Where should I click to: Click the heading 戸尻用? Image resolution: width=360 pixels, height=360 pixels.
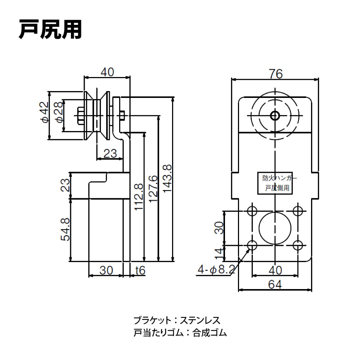(x=50, y=29)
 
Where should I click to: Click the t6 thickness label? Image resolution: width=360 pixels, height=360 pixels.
(x=140, y=270)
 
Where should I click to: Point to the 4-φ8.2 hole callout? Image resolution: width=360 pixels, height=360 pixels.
(x=216, y=269)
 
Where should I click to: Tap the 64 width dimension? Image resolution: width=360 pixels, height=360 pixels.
(x=275, y=284)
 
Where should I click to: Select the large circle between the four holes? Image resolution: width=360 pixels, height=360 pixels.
(x=275, y=228)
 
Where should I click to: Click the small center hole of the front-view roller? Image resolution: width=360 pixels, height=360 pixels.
(x=275, y=115)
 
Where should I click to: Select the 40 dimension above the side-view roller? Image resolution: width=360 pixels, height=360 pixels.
(x=107, y=72)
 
